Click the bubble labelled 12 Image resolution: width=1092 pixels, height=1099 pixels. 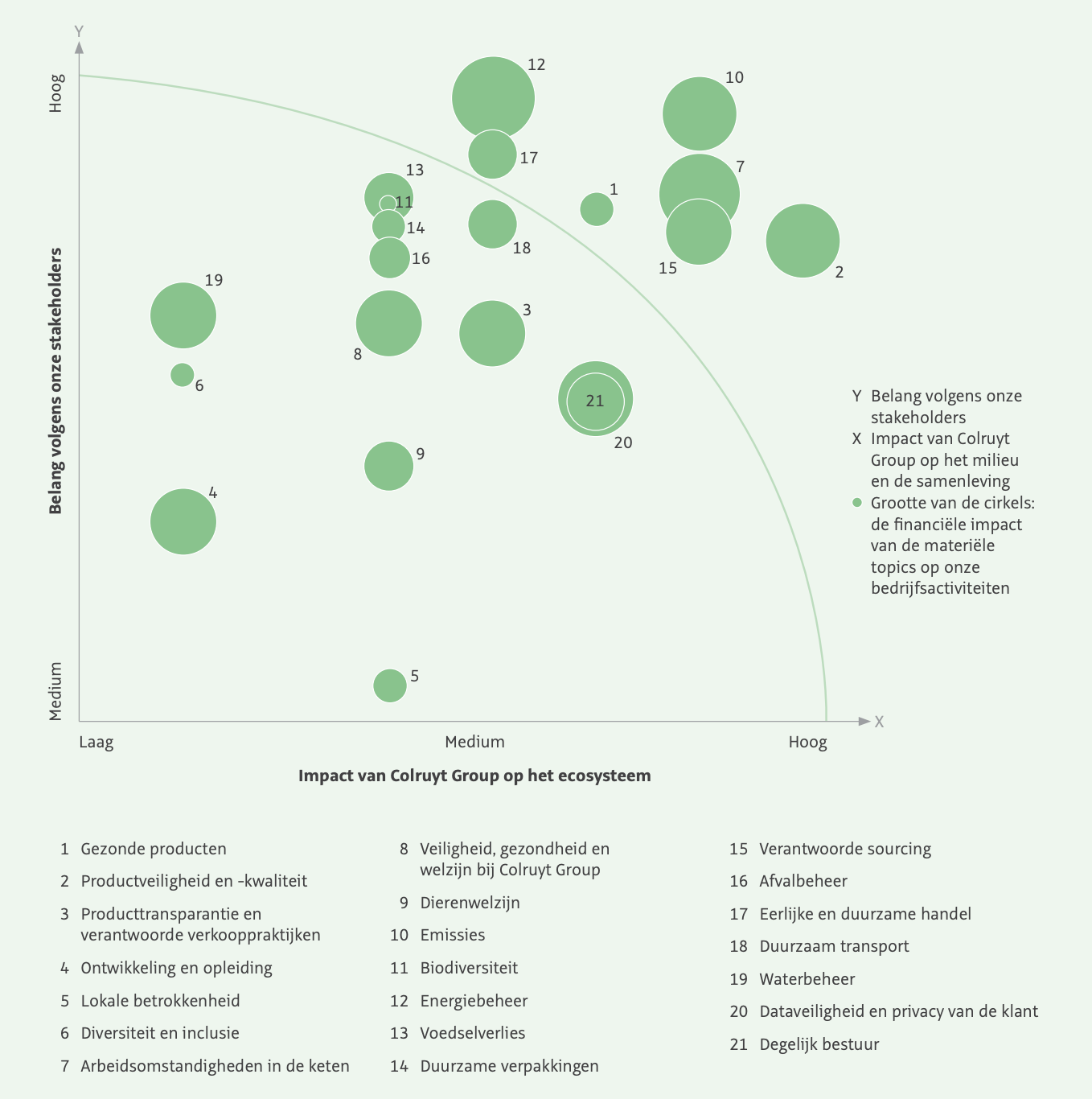[x=493, y=97]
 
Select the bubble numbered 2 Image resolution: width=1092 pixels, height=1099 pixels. [x=803, y=241]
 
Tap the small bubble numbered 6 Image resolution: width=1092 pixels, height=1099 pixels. [x=183, y=375]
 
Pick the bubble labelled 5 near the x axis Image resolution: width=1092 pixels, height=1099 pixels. [x=390, y=685]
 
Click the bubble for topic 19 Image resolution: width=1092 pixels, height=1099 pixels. [x=183, y=315]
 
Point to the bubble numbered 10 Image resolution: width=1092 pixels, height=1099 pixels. [x=700, y=113]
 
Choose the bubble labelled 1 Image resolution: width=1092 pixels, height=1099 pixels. [x=597, y=209]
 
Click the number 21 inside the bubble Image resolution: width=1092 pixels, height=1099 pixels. [x=595, y=401]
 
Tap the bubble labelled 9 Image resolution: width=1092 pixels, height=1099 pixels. [x=389, y=466]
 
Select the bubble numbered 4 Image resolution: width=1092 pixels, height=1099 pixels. [x=183, y=521]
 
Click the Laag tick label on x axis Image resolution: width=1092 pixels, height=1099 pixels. [x=96, y=742]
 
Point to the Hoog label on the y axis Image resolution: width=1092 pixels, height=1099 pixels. [x=55, y=93]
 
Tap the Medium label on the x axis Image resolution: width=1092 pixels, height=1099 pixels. [x=474, y=742]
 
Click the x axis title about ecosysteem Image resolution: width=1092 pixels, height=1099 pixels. [x=474, y=776]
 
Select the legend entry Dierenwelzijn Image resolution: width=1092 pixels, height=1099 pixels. [x=470, y=903]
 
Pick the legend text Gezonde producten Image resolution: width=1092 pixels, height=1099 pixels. [x=154, y=849]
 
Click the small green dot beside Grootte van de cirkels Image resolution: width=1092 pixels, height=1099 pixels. [x=857, y=503]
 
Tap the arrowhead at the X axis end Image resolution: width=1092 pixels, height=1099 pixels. [x=864, y=722]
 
